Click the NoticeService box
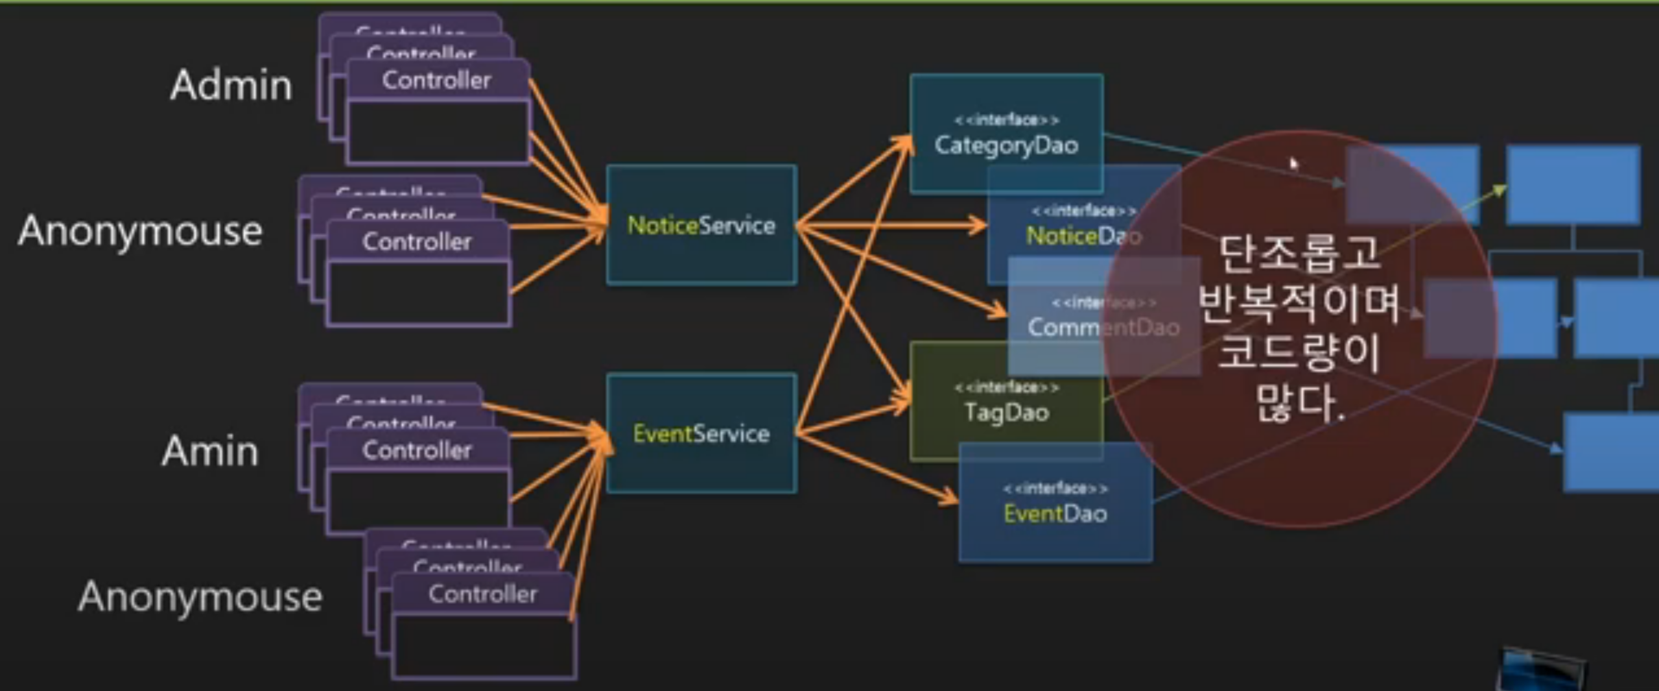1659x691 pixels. [x=701, y=225]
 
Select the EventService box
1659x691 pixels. [x=701, y=433]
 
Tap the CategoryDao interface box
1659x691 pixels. [x=1006, y=134]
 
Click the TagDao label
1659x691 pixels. [x=1006, y=413]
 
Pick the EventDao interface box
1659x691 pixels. [x=1055, y=503]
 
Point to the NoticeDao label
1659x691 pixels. [x=1083, y=236]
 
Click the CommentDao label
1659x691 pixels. [x=1102, y=327]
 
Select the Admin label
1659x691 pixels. [x=231, y=86]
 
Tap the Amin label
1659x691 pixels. [x=209, y=451]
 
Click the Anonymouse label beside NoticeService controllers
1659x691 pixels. [x=140, y=231]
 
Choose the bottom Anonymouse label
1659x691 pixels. [x=200, y=597]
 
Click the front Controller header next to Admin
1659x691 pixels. [x=437, y=80]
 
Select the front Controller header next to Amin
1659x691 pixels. [x=417, y=450]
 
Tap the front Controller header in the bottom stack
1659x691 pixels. [x=482, y=594]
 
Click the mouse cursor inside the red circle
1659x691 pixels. [x=1293, y=163]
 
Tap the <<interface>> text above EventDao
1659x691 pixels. [x=1055, y=488]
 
